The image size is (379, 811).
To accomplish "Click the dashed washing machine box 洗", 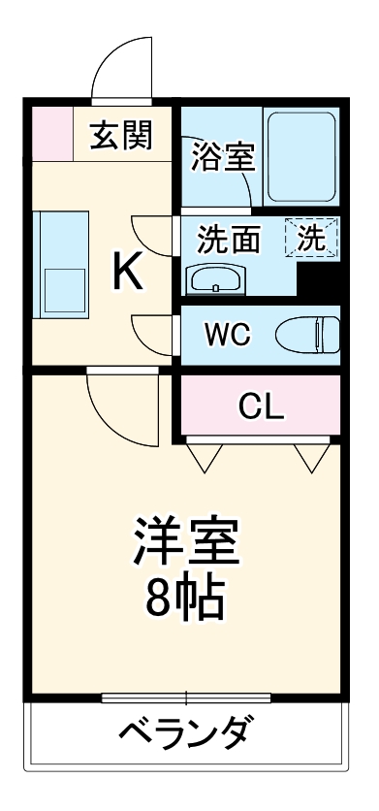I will [x=311, y=238].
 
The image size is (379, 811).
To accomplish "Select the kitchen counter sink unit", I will [x=61, y=263].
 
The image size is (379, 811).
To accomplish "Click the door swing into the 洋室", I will [x=121, y=405].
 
